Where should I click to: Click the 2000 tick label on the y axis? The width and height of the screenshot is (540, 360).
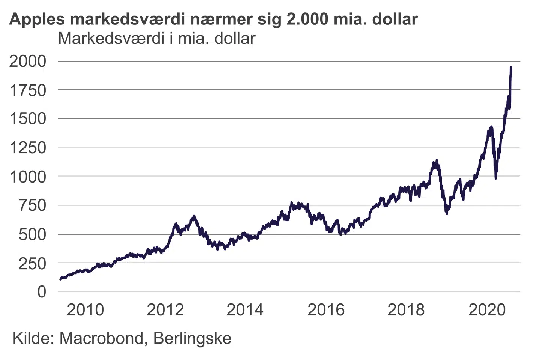click(28, 61)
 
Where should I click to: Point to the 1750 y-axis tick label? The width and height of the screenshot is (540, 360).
click(28, 90)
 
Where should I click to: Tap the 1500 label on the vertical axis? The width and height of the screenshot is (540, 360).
click(28, 119)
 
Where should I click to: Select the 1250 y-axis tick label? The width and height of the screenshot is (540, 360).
click(28, 148)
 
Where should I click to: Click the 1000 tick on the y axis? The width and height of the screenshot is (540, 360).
click(28, 177)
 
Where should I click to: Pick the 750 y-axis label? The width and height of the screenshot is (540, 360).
click(32, 205)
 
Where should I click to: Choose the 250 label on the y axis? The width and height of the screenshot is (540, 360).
click(32, 264)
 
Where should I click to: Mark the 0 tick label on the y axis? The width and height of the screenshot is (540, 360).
click(42, 292)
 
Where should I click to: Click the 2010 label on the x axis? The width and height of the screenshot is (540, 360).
click(85, 310)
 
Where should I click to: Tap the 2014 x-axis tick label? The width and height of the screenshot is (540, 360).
click(245, 310)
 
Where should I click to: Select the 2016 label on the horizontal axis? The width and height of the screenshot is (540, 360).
click(326, 310)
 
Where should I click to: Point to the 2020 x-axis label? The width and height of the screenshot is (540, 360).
click(487, 310)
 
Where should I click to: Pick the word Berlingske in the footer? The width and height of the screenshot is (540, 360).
click(192, 339)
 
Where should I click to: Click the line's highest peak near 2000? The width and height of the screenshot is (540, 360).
click(511, 68)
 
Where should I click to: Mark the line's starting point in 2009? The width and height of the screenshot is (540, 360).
click(61, 279)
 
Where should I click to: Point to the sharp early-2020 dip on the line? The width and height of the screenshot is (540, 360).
click(496, 177)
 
